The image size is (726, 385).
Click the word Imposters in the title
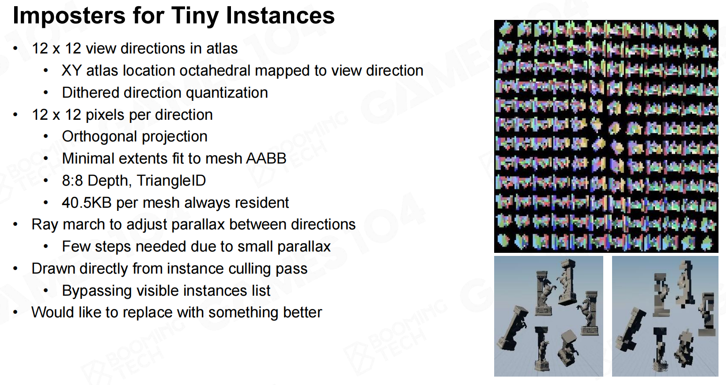[69, 16]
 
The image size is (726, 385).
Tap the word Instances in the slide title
[280, 15]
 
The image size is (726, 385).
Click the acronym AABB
[266, 159]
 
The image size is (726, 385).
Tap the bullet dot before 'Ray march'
[15, 225]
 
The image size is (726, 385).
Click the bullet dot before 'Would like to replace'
[15, 313]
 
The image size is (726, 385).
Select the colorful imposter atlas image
[606, 136]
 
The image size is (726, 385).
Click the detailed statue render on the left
[548, 316]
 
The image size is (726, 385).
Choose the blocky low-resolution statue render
[665, 316]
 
